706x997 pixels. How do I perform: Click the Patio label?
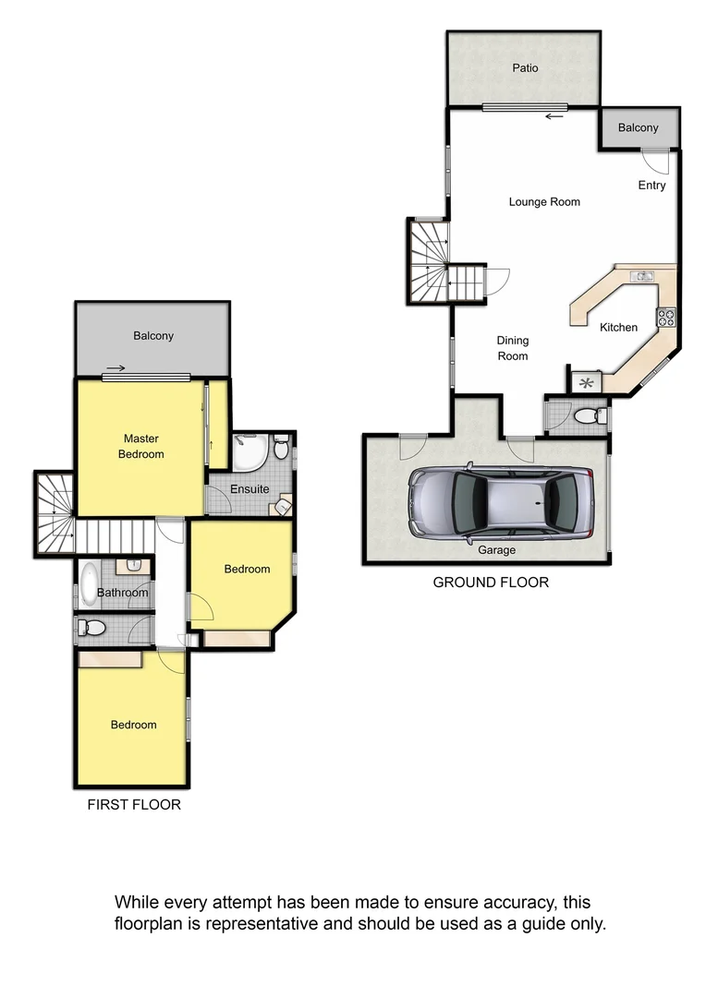point(524,68)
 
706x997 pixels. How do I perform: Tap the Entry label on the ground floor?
point(651,186)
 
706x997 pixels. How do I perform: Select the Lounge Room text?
point(544,202)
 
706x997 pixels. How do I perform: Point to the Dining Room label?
point(513,348)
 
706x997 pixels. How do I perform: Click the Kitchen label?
point(618,328)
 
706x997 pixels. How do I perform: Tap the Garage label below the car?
point(496,550)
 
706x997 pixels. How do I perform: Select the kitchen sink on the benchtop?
point(641,276)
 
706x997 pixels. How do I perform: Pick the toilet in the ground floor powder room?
point(588,417)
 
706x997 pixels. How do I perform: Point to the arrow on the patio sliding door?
point(554,116)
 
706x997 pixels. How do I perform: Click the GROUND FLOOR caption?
point(491,583)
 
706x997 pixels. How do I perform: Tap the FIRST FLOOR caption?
point(134,805)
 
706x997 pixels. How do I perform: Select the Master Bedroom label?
point(143,446)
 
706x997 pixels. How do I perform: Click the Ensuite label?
point(250,489)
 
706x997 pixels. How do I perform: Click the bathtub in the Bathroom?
point(89,583)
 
